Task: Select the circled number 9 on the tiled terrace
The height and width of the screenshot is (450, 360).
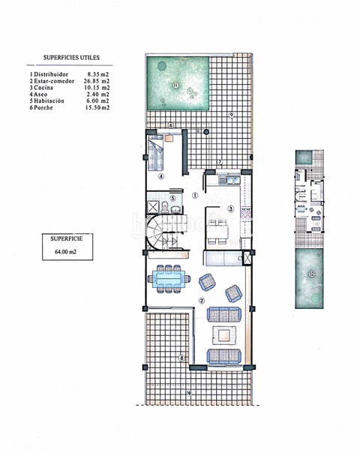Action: coord(232,115)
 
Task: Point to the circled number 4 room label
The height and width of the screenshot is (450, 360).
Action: coord(161,178)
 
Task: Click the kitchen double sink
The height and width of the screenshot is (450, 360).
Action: coord(228,180)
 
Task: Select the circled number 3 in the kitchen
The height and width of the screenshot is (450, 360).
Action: coord(231,208)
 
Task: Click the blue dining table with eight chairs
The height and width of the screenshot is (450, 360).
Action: coord(169,278)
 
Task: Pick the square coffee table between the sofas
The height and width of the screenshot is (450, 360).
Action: coord(224,334)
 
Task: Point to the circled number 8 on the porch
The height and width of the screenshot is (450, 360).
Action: coord(181,358)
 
